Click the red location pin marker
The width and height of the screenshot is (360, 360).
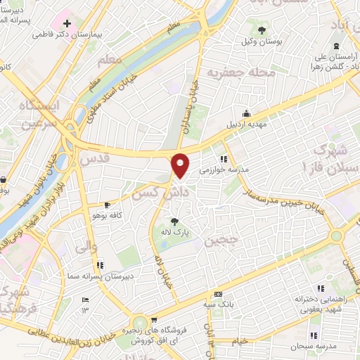(181, 165)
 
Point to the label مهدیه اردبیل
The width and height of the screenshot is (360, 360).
(246, 124)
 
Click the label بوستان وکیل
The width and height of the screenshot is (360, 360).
(262, 41)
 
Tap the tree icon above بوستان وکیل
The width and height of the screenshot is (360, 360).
(262, 30)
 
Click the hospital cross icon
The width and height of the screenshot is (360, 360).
(67, 24)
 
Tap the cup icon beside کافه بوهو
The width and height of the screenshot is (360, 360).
(106, 205)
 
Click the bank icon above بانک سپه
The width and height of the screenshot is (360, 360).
(218, 294)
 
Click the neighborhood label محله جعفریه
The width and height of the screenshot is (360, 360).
(231, 72)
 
